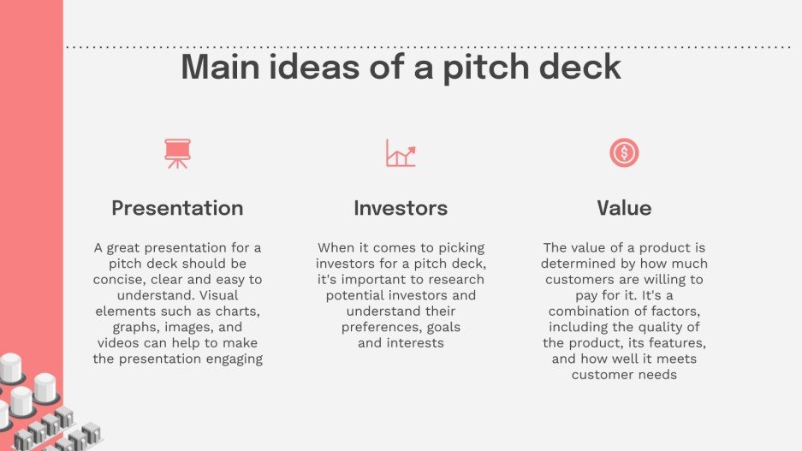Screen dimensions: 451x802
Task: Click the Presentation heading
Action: pyautogui.click(x=177, y=208)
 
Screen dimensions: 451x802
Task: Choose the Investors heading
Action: pyautogui.click(x=401, y=208)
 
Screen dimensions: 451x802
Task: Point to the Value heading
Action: pyautogui.click(x=624, y=208)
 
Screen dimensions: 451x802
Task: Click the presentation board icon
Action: pyautogui.click(x=178, y=153)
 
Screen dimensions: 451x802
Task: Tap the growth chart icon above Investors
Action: pyautogui.click(x=401, y=153)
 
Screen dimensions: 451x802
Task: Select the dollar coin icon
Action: pyautogui.click(x=624, y=153)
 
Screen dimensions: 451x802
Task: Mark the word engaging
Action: pyautogui.click(x=231, y=359)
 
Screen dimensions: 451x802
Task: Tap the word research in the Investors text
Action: pyautogui.click(x=456, y=280)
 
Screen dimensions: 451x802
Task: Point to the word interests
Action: pyautogui.click(x=415, y=343)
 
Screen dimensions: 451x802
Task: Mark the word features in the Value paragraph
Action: pyautogui.click(x=678, y=343)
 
